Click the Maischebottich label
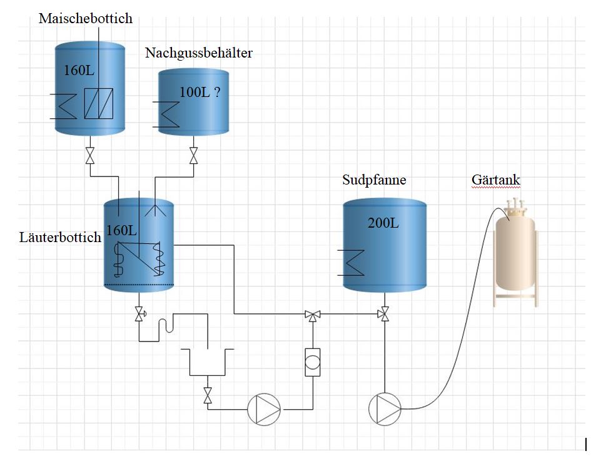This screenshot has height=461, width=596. [x=86, y=18]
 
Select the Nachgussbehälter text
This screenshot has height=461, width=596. [x=199, y=53]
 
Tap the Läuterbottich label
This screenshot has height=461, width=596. [x=61, y=238]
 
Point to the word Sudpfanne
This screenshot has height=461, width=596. [x=374, y=180]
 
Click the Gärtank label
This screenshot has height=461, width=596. [x=495, y=180]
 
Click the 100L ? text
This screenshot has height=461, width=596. [x=200, y=93]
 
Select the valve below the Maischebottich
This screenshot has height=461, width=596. [x=90, y=155]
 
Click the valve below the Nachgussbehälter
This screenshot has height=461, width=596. [x=193, y=155]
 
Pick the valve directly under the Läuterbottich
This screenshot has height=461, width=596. [x=139, y=314]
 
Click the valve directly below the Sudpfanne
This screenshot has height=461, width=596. [x=384, y=314]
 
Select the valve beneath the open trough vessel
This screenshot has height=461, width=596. [x=208, y=395]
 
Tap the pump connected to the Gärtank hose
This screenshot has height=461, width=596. [x=385, y=409]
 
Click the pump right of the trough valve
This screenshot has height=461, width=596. [x=264, y=409]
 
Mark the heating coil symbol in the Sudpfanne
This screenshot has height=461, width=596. [x=351, y=262]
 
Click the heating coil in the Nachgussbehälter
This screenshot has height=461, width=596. [x=169, y=113]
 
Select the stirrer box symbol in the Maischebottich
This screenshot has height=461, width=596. [x=99, y=103]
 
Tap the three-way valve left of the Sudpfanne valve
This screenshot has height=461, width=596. [x=311, y=314]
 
